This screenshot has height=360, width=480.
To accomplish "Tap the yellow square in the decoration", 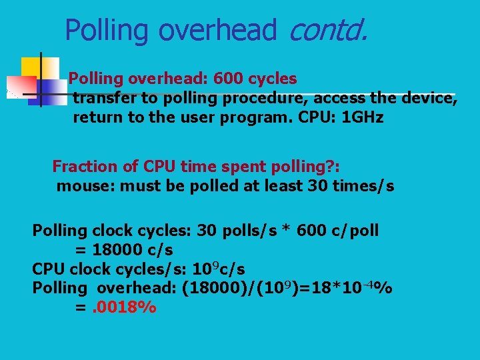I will (31, 67).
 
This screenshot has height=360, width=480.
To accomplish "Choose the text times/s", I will (366, 185).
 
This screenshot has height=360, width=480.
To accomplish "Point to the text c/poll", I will (353, 231).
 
